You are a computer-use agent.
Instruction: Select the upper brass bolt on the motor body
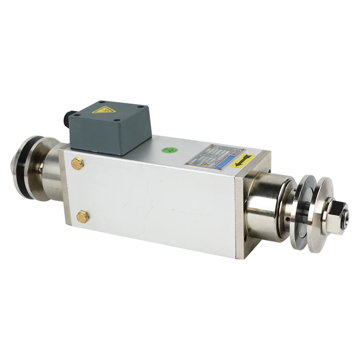click(x=77, y=163)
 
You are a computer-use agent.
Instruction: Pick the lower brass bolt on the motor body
click(x=83, y=216)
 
